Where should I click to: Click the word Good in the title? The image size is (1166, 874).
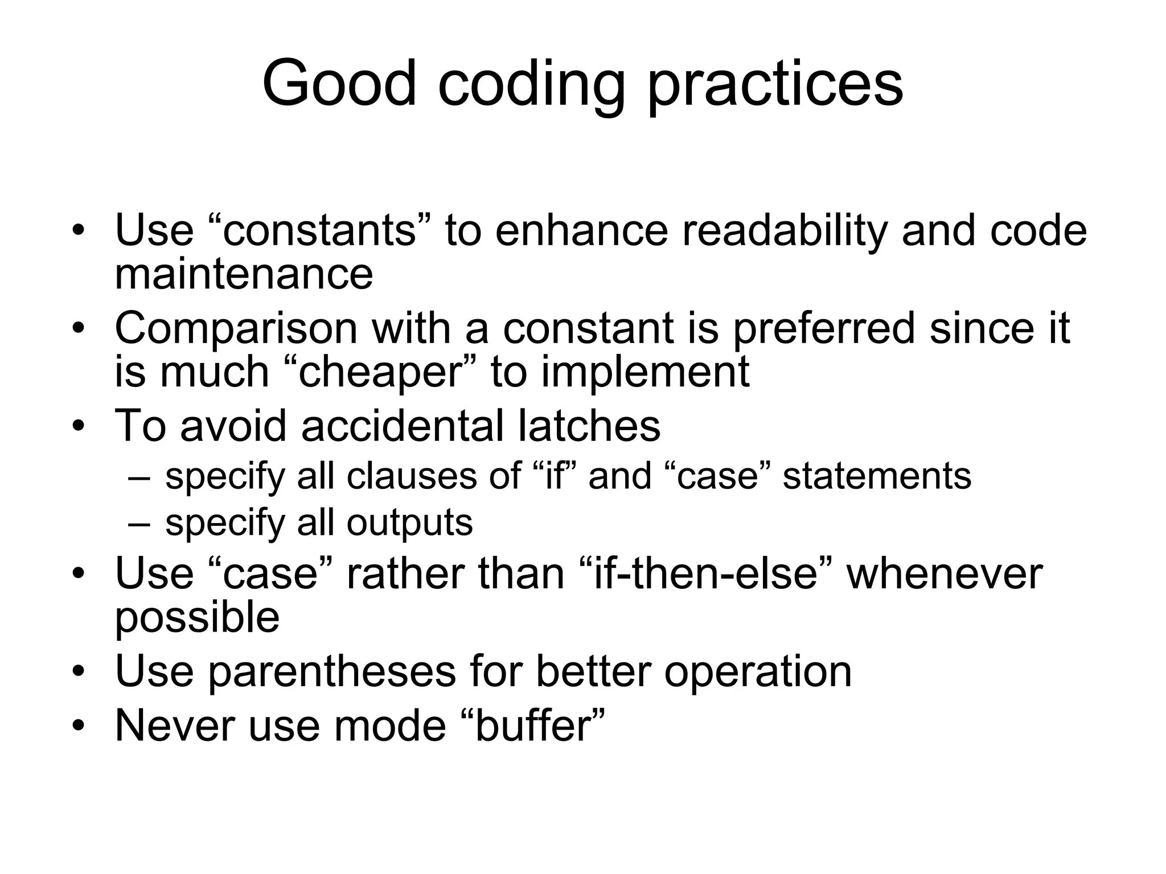[339, 83]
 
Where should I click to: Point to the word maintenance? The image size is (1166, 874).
[244, 274]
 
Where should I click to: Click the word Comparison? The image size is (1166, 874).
[236, 329]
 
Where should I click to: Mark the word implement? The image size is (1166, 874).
[645, 372]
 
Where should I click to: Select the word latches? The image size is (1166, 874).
[589, 425]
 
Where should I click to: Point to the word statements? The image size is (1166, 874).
[877, 476]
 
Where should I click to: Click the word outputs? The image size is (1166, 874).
[409, 522]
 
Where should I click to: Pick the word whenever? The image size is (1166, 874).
[945, 574]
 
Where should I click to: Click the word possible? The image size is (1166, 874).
[197, 618]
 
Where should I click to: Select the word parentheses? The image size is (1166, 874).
[331, 671]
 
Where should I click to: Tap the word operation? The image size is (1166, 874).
[758, 671]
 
